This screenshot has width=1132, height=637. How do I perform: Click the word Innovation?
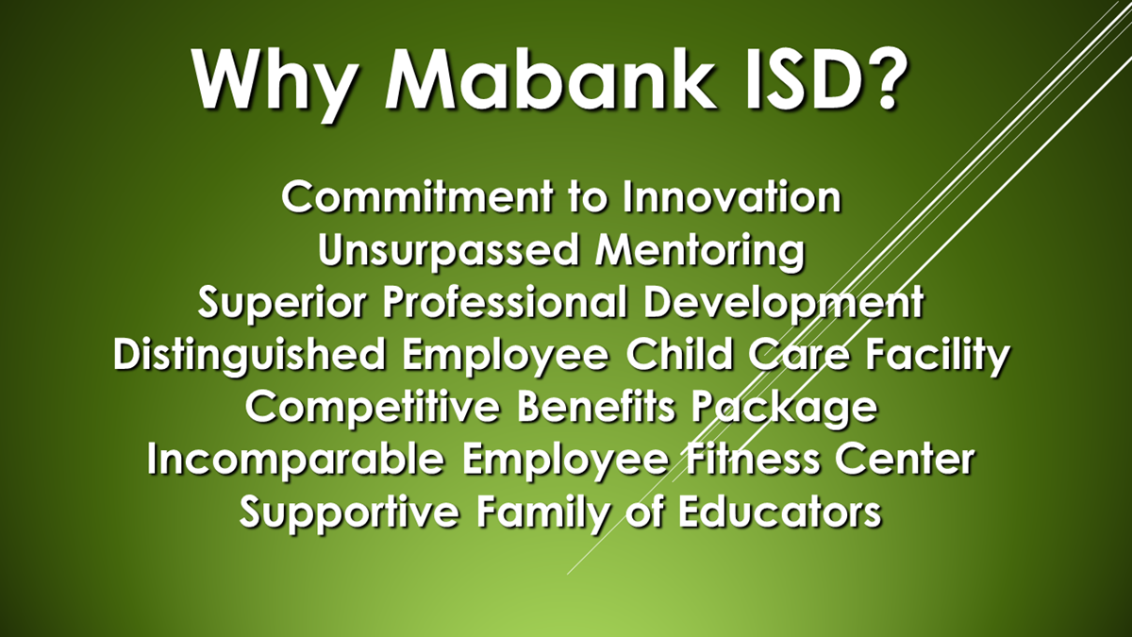(732, 197)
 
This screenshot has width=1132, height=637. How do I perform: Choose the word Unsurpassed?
(448, 251)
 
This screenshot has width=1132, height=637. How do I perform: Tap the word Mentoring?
(699, 252)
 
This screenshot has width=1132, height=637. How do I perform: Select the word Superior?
(281, 303)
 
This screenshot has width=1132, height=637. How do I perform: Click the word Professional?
(505, 302)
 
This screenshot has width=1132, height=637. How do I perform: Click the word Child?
(679, 355)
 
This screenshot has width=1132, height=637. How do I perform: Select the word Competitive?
(373, 408)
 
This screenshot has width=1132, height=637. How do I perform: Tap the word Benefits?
(596, 407)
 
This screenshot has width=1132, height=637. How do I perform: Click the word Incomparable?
(296, 461)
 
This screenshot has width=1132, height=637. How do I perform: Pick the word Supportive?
(350, 513)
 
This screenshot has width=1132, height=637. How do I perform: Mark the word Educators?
(780, 512)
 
